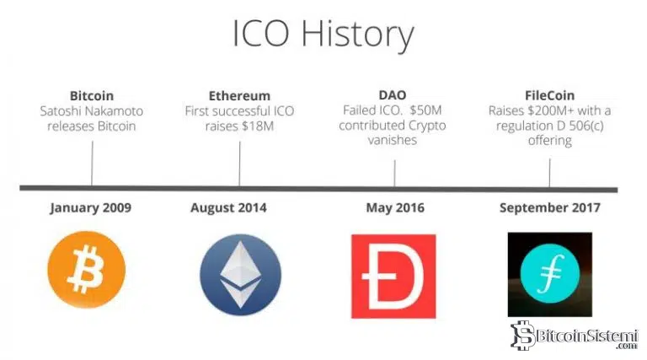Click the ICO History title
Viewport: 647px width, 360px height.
pyautogui.click(x=323, y=35)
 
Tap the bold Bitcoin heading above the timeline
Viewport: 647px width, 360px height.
pyautogui.click(x=92, y=96)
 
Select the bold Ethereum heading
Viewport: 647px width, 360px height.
pyautogui.click(x=239, y=96)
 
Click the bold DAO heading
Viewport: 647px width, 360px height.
pyautogui.click(x=393, y=96)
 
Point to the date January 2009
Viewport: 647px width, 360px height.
pyautogui.click(x=91, y=207)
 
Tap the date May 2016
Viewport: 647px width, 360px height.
pyautogui.click(x=394, y=207)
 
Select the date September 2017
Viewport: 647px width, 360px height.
pyautogui.click(x=549, y=207)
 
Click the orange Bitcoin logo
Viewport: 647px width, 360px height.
pyautogui.click(x=87, y=271)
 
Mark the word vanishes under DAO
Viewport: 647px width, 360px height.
pyautogui.click(x=393, y=141)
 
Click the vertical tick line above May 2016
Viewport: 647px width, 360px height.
pyautogui.click(x=394, y=172)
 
